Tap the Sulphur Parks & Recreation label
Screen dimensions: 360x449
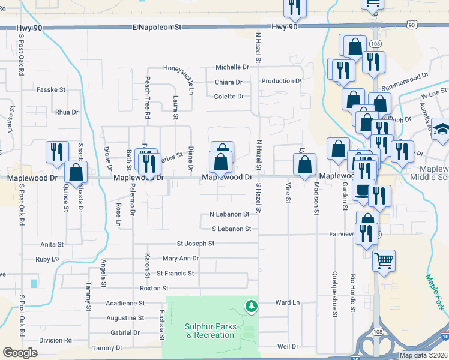[x=209, y=331]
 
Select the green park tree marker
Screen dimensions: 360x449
[x=252, y=307]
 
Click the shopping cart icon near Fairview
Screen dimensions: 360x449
[x=384, y=261]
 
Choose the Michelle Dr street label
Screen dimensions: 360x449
[x=232, y=67]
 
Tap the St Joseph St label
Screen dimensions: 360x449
[x=195, y=244]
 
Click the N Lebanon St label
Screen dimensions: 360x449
[x=229, y=214]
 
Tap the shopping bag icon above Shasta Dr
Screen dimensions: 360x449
[x=76, y=172]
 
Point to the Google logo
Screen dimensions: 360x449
[x=20, y=353]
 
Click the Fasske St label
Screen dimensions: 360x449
[x=51, y=89]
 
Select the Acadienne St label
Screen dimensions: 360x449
[x=125, y=304]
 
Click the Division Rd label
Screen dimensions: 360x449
[x=55, y=340]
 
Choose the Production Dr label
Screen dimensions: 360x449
[x=281, y=81]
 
